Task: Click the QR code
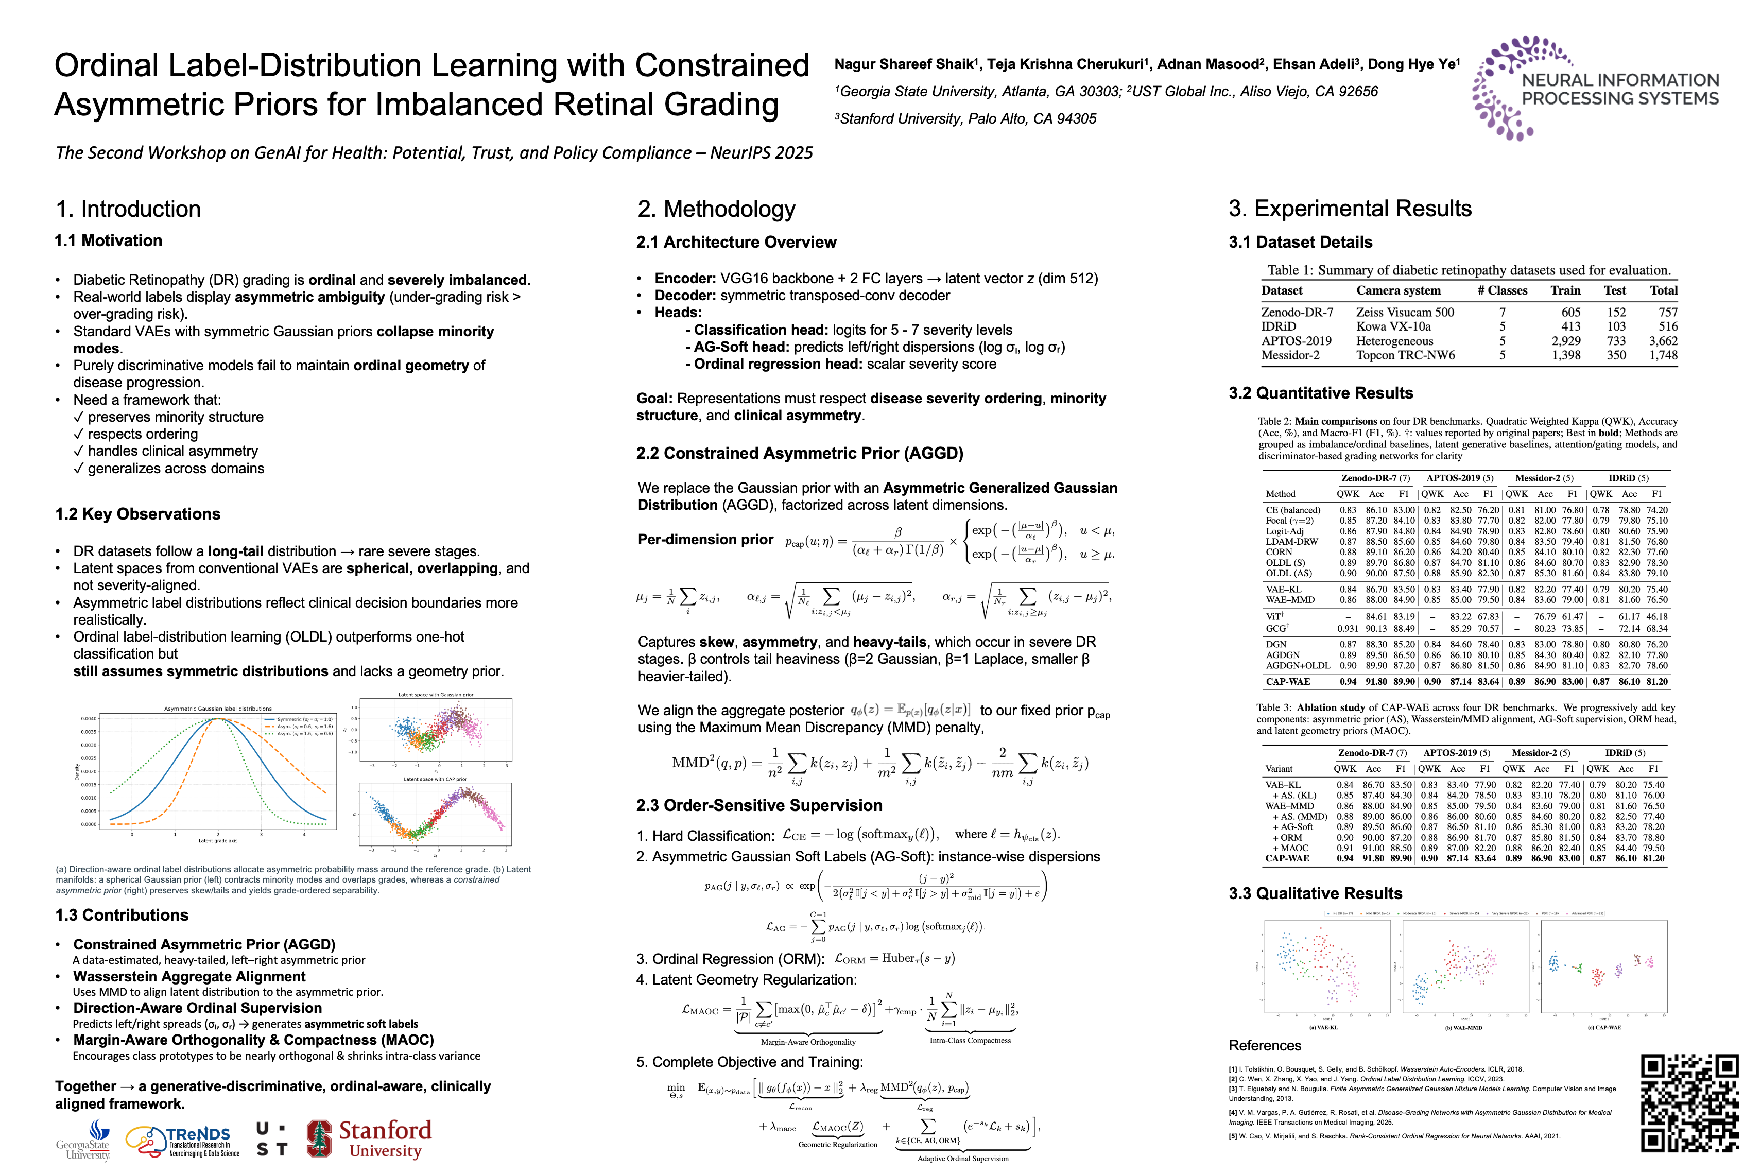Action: tap(1690, 1103)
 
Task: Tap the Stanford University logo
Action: tap(369, 1139)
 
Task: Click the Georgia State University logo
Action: tap(84, 1140)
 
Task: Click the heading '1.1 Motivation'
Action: tap(109, 240)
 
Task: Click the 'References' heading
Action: tap(1265, 1045)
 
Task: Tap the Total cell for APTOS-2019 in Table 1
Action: tap(1663, 341)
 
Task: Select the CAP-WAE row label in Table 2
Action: tap(1288, 681)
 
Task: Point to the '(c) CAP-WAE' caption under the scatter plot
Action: tap(1604, 1027)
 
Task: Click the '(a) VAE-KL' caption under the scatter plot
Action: tap(1323, 1027)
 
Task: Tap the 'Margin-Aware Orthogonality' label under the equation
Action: tap(808, 1042)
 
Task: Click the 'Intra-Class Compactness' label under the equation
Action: tap(970, 1040)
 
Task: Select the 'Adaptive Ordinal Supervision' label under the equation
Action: tap(963, 1158)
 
